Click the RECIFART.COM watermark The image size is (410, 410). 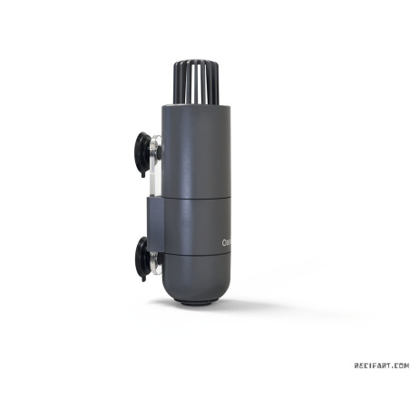click(x=381, y=366)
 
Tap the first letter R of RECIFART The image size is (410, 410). click(x=356, y=366)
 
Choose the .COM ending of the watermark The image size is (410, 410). click(x=400, y=366)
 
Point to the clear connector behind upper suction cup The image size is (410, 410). click(x=157, y=145)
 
